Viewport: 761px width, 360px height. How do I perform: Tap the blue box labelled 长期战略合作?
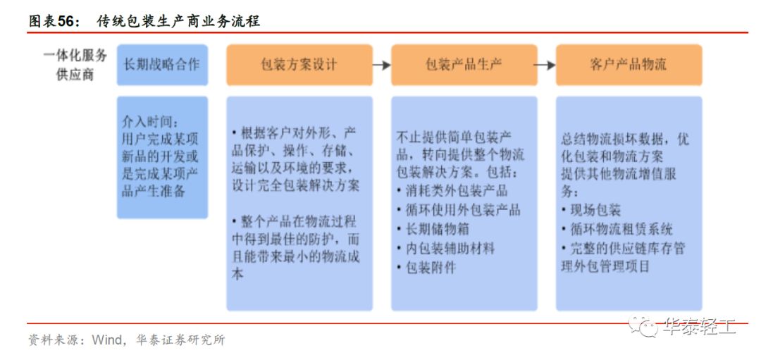pos(162,65)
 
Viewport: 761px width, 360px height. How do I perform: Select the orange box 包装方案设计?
pos(299,65)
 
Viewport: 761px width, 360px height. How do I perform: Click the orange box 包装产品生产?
pos(464,65)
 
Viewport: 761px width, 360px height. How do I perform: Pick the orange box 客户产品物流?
pos(629,65)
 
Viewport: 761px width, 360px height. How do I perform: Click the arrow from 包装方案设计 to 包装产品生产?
pos(381,65)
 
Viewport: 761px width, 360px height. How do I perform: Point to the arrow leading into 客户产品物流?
pos(546,65)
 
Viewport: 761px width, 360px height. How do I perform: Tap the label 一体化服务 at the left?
pos(75,55)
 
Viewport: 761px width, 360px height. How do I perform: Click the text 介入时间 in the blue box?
pos(143,120)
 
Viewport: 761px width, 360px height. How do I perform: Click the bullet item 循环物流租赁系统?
pos(617,229)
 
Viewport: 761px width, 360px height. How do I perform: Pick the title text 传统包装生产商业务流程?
pos(178,21)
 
